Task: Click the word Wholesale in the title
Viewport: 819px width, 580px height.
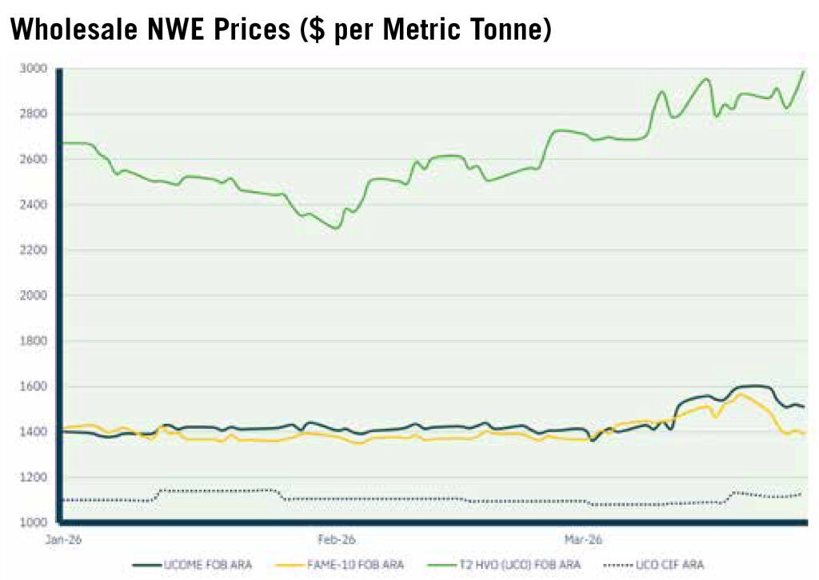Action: [74, 29]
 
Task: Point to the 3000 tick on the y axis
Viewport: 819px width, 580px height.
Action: [33, 69]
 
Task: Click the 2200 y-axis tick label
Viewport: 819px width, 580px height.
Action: [33, 250]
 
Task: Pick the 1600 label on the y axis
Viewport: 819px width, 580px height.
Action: [33, 386]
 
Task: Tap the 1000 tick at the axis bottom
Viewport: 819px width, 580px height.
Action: [33, 522]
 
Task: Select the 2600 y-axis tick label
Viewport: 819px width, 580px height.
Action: [33, 159]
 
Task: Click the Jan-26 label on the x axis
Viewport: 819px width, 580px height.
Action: [63, 540]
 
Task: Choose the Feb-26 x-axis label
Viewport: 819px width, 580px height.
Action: [337, 540]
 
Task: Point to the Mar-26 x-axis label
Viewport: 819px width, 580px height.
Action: [583, 540]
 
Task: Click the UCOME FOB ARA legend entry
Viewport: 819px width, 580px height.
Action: [192, 565]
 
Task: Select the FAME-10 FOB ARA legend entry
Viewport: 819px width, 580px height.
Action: [339, 565]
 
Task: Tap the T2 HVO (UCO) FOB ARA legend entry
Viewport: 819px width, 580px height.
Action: [504, 565]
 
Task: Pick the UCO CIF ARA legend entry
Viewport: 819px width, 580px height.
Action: [653, 565]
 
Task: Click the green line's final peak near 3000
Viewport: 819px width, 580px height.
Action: [804, 71]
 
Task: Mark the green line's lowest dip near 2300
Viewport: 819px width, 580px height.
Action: [337, 228]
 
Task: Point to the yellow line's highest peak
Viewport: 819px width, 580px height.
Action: [739, 394]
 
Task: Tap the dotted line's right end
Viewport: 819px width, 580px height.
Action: [801, 494]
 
